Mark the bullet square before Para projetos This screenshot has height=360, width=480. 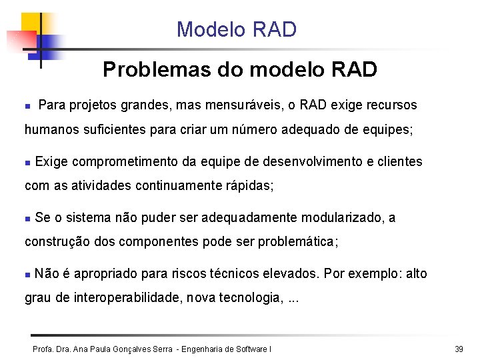coord(27,106)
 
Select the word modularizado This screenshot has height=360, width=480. coord(343,217)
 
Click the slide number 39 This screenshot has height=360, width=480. coord(459,349)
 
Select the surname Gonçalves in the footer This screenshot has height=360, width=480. coord(129,349)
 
